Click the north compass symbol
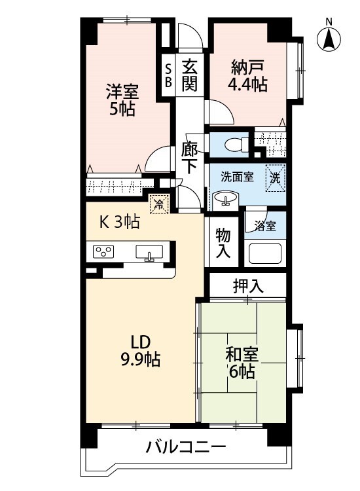tap(329, 37)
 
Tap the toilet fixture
tap(236, 145)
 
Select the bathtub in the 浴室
tap(264, 253)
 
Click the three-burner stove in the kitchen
tap(103, 251)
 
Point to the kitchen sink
tap(149, 253)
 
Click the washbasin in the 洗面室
tap(225, 200)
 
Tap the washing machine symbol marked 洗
tap(276, 177)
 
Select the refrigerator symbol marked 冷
tap(159, 204)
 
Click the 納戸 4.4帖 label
tap(247, 75)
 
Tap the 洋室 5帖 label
tap(122, 100)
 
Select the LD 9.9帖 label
tap(141, 351)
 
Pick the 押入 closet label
tap(248, 286)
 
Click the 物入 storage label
tap(223, 244)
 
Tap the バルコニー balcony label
tap(186, 447)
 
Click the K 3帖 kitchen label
tap(119, 223)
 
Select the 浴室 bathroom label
tap(265, 226)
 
